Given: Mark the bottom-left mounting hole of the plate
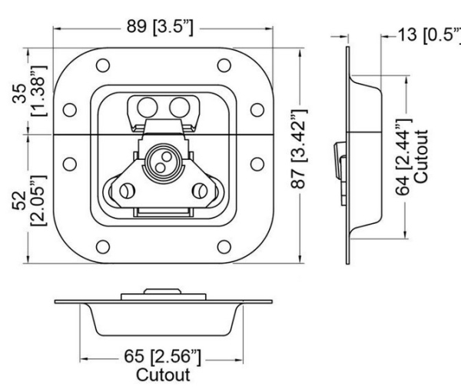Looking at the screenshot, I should point(100,246).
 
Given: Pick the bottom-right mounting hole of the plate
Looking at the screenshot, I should point(224,246).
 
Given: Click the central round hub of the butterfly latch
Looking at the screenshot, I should point(164,155).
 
